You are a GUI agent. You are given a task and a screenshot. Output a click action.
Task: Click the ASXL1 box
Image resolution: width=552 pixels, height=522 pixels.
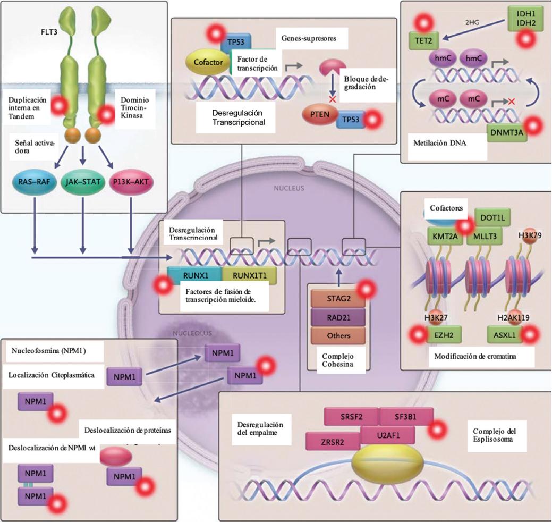pyautogui.click(x=504, y=335)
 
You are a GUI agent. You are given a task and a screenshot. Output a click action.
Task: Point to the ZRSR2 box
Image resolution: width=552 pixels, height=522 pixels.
pyautogui.click(x=333, y=440)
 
